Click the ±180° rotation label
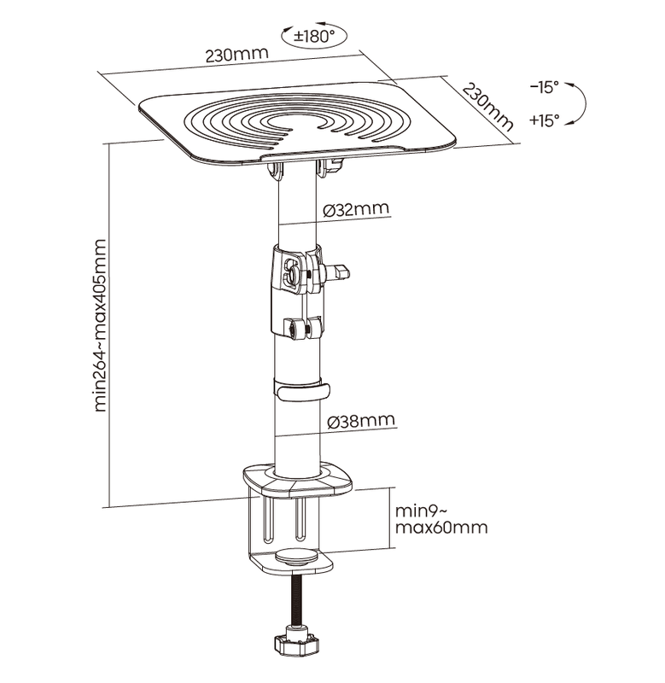313,36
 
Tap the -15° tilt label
544,87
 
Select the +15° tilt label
544,120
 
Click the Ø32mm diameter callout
356,209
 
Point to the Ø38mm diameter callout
361,421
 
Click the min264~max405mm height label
100,325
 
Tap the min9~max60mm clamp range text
441,519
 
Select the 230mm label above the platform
236,55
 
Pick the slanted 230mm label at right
487,106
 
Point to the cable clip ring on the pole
301,389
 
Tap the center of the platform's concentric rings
289,123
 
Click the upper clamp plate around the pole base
298,482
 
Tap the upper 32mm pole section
296,208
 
